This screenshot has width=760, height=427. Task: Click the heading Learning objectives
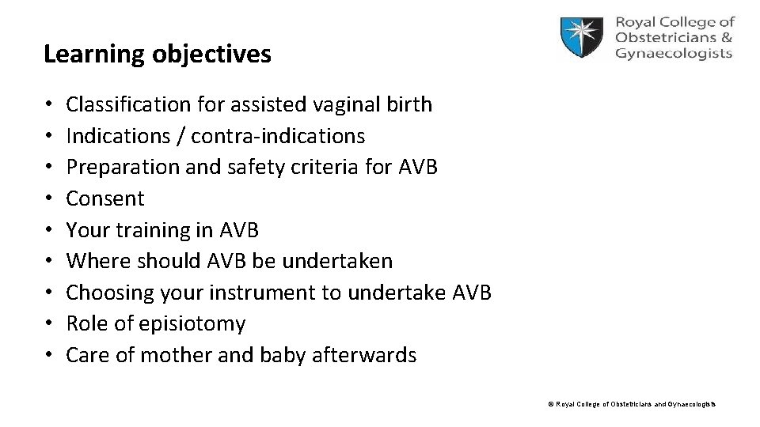(158, 55)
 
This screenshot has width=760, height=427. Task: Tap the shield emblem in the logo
(584, 38)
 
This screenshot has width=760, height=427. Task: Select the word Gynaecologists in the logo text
(673, 54)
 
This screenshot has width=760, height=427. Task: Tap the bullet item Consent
(105, 198)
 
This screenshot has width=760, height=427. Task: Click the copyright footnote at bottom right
(632, 404)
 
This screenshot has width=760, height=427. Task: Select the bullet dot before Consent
(49, 198)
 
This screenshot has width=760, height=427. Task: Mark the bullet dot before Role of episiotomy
(49, 324)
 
